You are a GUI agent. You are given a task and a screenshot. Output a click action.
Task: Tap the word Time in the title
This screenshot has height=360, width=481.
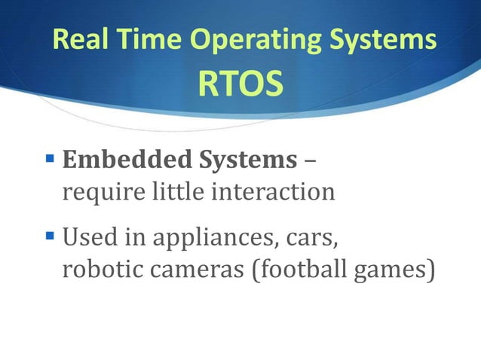pyautogui.click(x=145, y=40)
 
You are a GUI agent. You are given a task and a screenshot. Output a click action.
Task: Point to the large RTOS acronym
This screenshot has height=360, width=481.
pyautogui.click(x=240, y=85)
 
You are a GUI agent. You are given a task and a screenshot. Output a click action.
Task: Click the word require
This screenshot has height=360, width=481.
pyautogui.click(x=96, y=193)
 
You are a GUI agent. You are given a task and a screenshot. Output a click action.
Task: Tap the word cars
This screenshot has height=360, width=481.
pyautogui.click(x=314, y=240)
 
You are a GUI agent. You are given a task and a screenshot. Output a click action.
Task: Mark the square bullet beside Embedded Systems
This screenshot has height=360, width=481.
pyautogui.click(x=51, y=160)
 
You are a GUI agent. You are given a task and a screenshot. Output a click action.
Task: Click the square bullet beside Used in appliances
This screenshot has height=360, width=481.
pyautogui.click(x=51, y=239)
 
